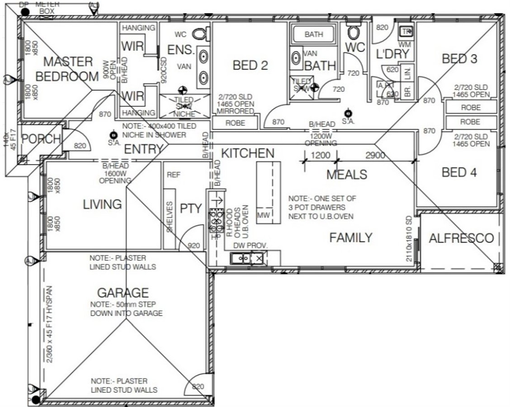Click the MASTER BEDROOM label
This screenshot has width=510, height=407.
coord(67,69)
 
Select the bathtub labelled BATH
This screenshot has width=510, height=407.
coord(313,34)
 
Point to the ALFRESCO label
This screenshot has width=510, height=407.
coord(461,238)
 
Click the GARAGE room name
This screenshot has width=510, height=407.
coord(123,293)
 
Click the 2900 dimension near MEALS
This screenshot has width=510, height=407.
coord(375,156)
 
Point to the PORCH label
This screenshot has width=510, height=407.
coord(41,139)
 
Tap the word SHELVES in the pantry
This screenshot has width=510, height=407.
coord(170,218)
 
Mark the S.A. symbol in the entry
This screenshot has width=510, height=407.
coord(113,135)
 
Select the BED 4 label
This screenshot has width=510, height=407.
coord(460,172)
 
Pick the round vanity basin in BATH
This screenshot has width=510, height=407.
coord(297,58)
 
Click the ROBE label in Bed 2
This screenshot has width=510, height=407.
coord(235,123)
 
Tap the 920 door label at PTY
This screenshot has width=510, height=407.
coord(194,246)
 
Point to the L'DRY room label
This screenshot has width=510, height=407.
coord(392,54)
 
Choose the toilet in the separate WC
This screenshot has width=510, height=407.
coord(353,32)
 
